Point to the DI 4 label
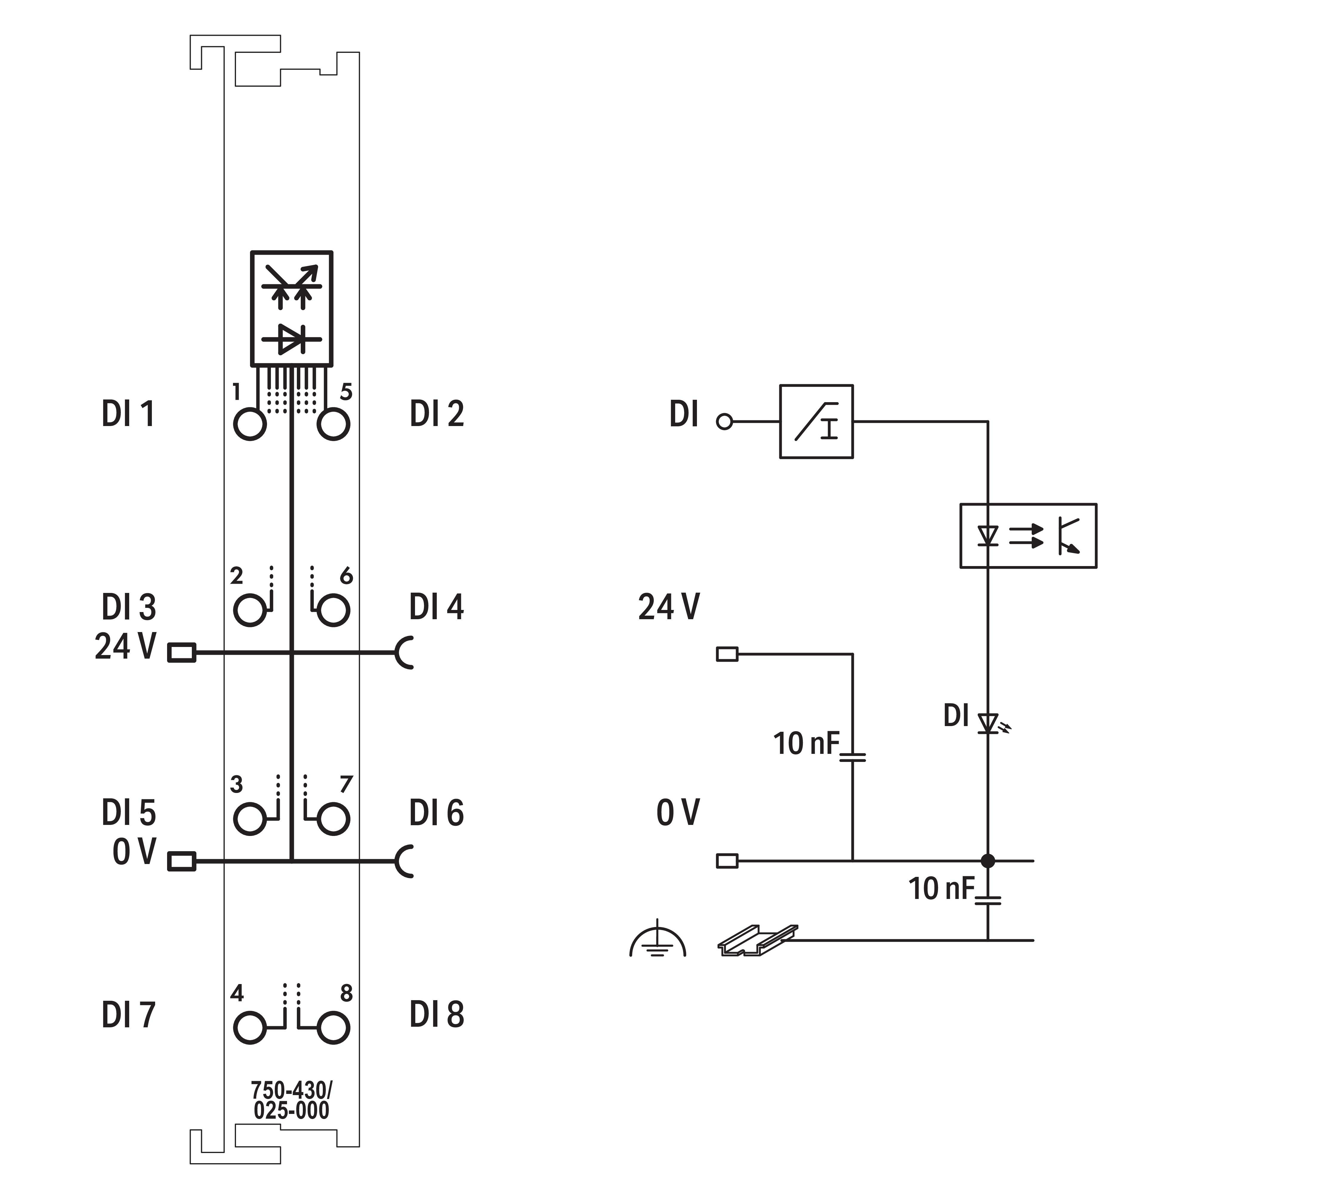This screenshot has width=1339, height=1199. click(436, 607)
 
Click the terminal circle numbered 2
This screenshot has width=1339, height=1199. click(249, 610)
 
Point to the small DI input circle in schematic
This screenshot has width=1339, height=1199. click(724, 422)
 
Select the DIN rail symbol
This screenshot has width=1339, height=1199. click(757, 940)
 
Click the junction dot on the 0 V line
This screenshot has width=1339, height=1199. click(988, 860)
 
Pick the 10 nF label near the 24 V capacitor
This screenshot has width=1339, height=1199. click(806, 744)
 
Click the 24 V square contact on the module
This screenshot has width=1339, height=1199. click(182, 653)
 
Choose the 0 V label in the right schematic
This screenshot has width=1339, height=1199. click(677, 813)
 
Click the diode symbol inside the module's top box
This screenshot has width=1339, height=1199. click(291, 339)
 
